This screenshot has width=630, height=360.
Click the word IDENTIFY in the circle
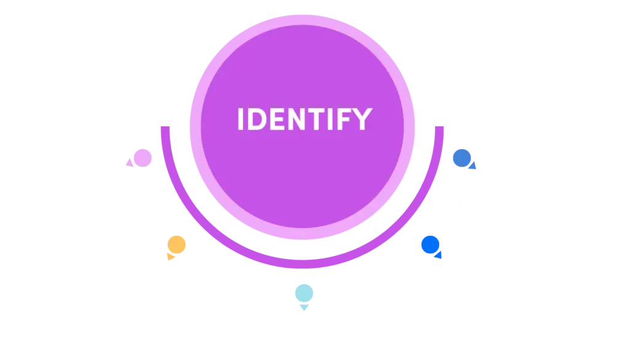point(304,119)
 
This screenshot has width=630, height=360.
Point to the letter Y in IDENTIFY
point(363,119)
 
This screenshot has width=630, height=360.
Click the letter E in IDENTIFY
point(273,119)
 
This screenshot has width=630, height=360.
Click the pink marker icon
point(138,158)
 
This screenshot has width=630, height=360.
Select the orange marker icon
point(176,246)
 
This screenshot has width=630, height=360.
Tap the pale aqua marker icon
point(303,295)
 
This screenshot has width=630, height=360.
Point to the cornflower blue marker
point(463,159)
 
